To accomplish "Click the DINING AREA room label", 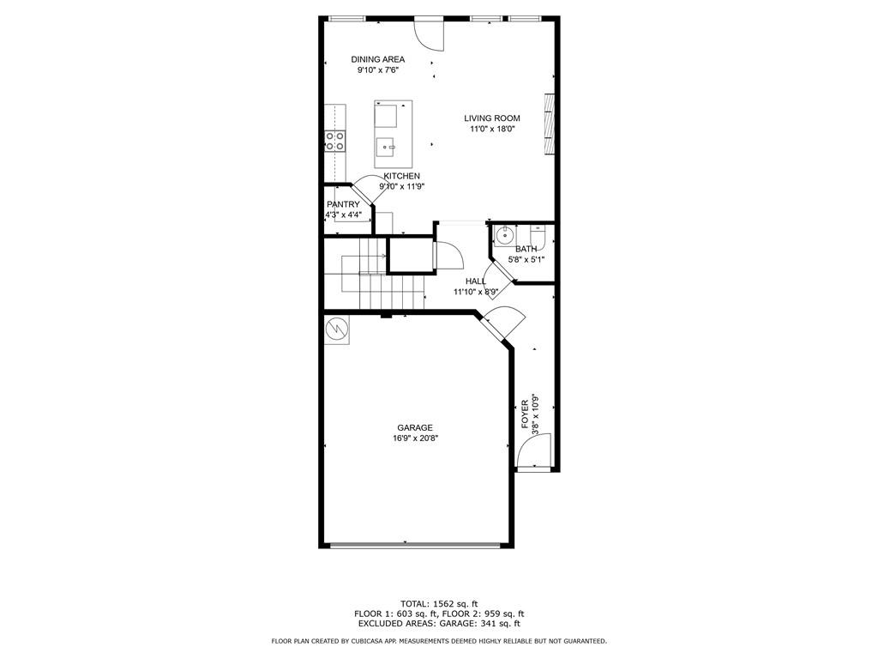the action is pos(378,59).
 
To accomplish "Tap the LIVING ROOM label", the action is pos(492,118).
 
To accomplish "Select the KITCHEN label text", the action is pos(401,176).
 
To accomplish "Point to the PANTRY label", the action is pos(343,204).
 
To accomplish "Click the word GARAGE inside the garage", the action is pos(415,427).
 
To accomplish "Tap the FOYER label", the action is pos(526,414).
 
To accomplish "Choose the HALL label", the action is pos(476,281).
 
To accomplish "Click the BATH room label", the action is pos(526,249).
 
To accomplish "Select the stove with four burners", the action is pos(335,140).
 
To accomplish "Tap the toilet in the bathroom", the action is pos(538,235).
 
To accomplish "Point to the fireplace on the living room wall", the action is pos(550,124).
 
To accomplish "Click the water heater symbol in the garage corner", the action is pos(337,329).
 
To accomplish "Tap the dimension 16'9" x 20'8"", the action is pos(415,438).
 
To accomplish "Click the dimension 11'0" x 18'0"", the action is pos(492,129).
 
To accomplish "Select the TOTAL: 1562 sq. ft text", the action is pos(439,603).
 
